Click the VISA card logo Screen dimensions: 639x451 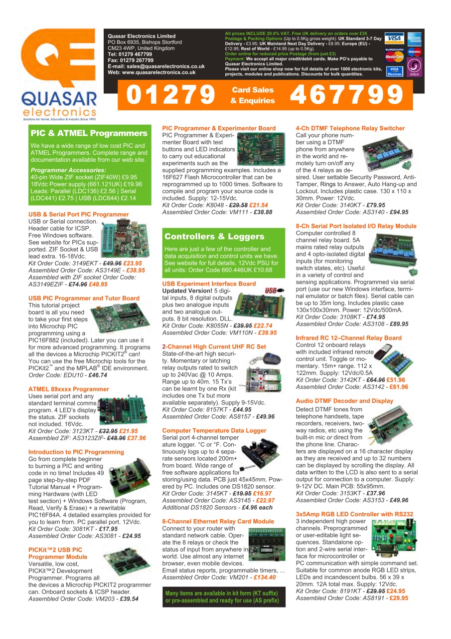[394, 39]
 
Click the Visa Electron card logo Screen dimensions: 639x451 [394, 70]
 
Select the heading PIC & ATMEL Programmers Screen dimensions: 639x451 [89, 133]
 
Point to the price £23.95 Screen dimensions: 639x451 [133, 263]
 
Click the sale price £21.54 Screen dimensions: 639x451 [259, 205]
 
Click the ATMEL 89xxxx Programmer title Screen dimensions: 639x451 [69, 389]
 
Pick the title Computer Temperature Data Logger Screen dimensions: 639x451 [214, 430]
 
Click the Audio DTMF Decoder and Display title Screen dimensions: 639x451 [344, 401]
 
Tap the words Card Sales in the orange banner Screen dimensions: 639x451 [253, 90]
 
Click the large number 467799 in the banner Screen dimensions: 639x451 [346, 95]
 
